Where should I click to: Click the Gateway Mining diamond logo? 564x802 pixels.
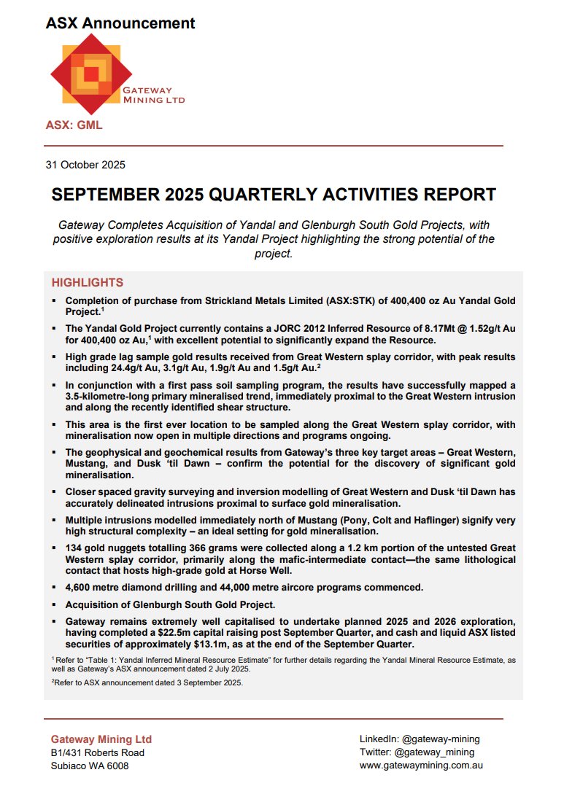[x=90, y=74]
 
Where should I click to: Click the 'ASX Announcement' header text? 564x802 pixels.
[x=120, y=23]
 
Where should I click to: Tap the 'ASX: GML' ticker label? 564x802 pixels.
[x=74, y=125]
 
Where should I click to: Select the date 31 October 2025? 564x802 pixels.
[x=85, y=165]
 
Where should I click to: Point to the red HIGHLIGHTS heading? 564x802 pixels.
[x=87, y=283]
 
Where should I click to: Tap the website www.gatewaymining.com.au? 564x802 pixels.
[x=421, y=766]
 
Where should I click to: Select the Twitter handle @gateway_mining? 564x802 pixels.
[x=434, y=752]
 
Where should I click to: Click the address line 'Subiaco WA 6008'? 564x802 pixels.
[x=90, y=766]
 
